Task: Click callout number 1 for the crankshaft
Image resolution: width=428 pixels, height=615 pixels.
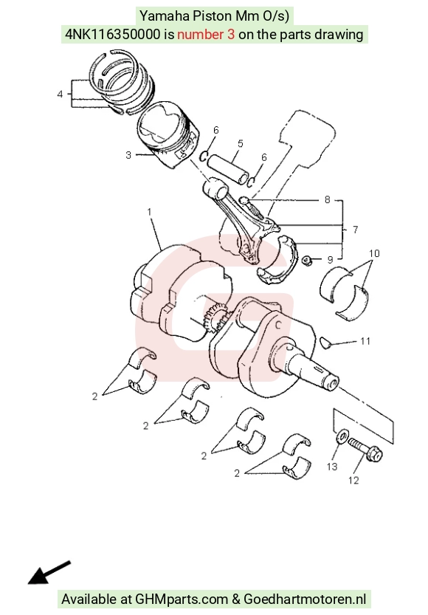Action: coord(149,212)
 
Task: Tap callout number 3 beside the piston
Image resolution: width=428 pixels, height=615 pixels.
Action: coord(128,155)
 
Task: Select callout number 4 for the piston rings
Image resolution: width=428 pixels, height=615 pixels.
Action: coord(60,95)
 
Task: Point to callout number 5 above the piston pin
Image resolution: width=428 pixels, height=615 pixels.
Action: coord(241,143)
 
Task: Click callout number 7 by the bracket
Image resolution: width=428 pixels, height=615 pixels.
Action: coord(355,230)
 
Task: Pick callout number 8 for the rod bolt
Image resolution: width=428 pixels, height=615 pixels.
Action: coord(327,199)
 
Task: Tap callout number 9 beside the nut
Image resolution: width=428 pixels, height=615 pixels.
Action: coord(330,260)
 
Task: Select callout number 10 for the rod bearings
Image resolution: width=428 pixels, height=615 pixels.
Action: coord(374,253)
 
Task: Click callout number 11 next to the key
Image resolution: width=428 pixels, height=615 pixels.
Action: coord(365,341)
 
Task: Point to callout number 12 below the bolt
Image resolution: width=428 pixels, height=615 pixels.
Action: coord(353,480)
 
